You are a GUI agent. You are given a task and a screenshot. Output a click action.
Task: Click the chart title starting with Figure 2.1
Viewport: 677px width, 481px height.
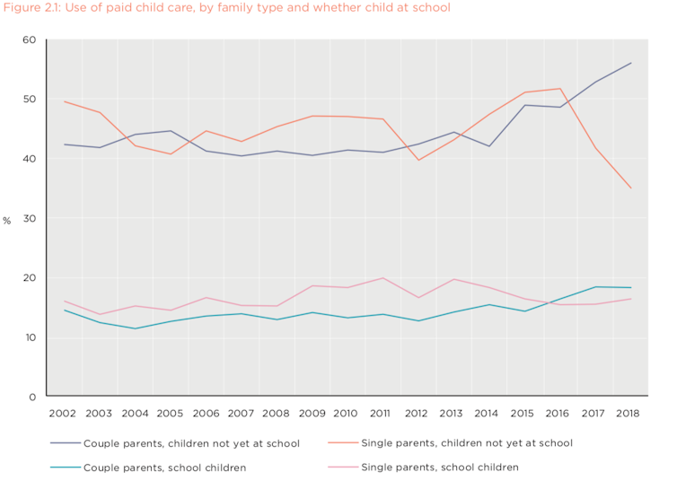[226, 8]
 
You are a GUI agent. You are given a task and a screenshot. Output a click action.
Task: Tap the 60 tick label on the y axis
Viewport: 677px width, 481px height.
[29, 40]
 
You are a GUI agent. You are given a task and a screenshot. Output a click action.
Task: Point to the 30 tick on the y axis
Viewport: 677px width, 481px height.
[29, 218]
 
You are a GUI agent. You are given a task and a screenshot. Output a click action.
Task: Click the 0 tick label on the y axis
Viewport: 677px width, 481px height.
[31, 397]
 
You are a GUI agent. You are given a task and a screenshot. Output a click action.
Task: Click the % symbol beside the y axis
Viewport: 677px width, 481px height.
[7, 221]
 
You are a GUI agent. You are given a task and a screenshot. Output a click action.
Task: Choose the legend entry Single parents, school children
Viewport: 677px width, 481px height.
[439, 467]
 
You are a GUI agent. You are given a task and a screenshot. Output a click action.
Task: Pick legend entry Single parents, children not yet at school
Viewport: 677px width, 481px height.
[465, 443]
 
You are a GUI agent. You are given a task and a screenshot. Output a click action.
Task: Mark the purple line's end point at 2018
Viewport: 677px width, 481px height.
[630, 63]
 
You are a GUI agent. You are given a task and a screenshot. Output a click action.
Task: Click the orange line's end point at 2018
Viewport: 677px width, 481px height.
[630, 188]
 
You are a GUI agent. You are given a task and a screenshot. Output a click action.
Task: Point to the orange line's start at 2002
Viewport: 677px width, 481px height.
[65, 101]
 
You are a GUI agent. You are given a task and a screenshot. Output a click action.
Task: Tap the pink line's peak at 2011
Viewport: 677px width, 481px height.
[382, 278]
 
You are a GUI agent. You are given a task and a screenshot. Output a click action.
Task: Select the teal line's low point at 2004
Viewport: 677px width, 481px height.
[135, 328]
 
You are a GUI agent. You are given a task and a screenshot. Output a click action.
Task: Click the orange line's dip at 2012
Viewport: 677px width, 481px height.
[418, 160]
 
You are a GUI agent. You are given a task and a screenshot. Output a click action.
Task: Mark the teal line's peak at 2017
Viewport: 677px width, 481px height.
[594, 287]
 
